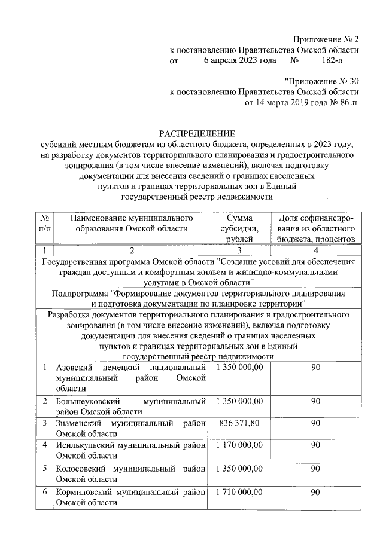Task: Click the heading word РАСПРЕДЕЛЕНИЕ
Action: click(197, 133)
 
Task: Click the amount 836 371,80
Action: click(239, 423)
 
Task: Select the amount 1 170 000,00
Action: click(239, 445)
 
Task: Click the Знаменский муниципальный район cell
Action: click(129, 429)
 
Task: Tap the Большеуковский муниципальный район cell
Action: click(129, 406)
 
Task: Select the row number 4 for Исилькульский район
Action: click(44, 445)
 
